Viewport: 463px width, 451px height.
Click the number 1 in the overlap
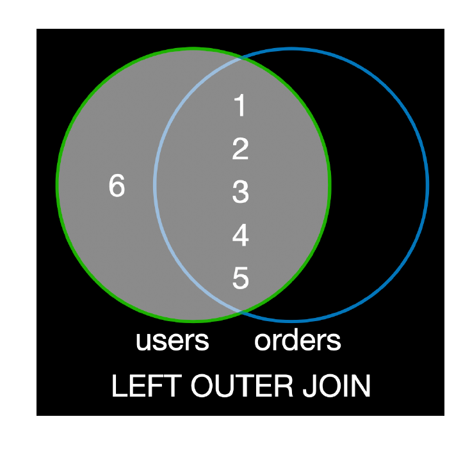[240, 106]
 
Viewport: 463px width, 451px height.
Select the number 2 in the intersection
[240, 150]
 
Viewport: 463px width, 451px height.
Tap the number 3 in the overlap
[240, 193]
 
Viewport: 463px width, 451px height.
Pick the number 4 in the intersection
[240, 236]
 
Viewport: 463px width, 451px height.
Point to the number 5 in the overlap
[240, 279]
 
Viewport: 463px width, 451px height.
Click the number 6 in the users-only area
[117, 187]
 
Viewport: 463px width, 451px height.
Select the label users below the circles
[172, 341]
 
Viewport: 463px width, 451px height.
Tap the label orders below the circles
[297, 341]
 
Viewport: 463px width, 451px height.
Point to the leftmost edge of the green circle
[58, 184]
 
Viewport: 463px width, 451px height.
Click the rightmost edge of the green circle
[330, 184]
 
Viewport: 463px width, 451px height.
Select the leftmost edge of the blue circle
[154, 184]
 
